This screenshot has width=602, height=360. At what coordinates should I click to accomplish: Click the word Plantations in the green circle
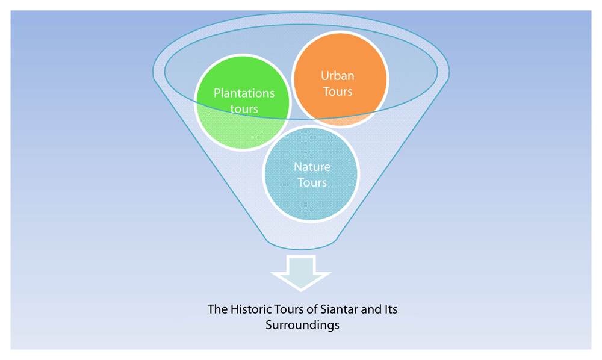244,93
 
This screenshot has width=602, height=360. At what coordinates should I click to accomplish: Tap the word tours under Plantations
244,109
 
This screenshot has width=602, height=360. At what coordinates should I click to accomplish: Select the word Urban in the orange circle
338,76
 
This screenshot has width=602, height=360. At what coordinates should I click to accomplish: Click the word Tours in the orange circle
338,92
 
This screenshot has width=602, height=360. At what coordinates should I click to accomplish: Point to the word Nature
312,167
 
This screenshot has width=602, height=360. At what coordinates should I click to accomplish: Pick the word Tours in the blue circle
312,182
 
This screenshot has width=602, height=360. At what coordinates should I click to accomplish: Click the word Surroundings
303,326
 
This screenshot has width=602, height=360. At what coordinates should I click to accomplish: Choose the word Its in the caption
391,309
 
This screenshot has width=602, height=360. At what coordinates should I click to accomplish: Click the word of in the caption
312,309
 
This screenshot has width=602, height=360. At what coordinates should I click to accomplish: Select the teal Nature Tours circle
311,174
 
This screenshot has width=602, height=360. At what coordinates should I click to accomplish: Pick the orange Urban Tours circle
340,79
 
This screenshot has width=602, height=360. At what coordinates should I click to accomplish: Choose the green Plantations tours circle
243,102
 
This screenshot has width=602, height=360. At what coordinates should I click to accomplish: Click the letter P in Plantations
217,93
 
